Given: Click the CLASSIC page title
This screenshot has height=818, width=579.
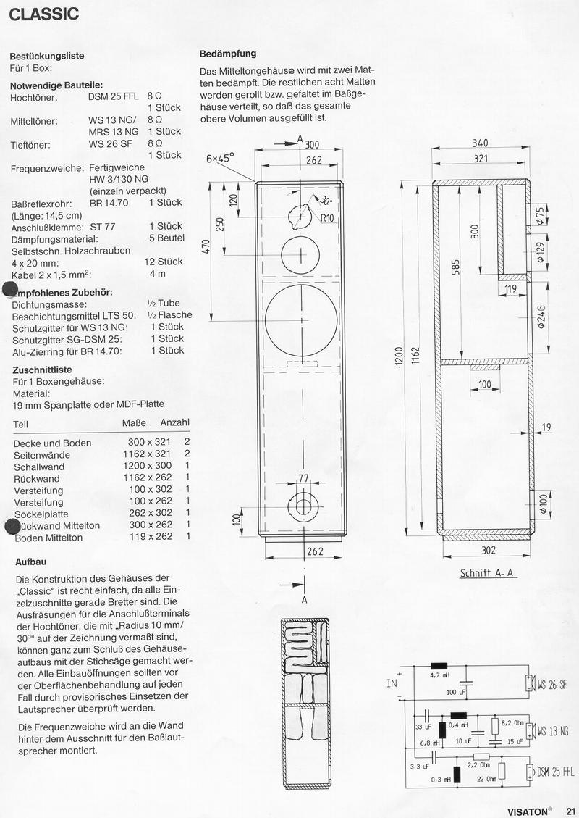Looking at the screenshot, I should pos(44,14).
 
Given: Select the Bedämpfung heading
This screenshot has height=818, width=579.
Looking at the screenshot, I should pos(227,54).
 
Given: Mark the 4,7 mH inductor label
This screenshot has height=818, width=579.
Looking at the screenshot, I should pos(439,675).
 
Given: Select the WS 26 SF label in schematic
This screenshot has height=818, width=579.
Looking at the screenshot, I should pos(551,684).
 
